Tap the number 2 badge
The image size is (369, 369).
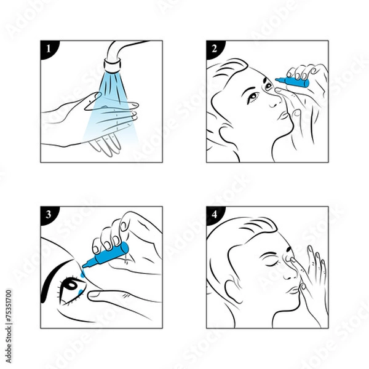[213, 47]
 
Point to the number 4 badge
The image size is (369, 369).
[213, 213]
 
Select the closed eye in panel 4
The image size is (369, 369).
[272, 261]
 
